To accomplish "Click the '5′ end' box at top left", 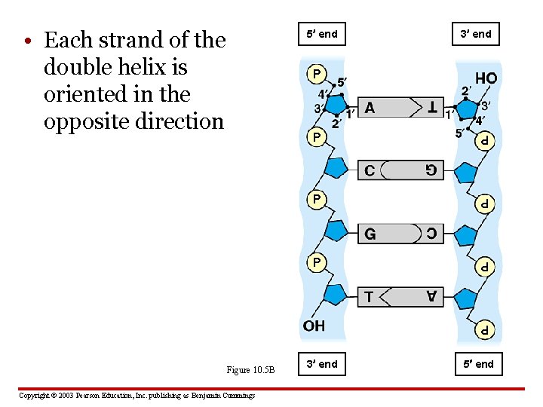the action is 322,34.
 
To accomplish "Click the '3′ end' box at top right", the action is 476,34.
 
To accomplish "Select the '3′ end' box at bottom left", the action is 322,364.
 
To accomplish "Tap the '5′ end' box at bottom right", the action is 476,364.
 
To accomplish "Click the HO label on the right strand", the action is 486,78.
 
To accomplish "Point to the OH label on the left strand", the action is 314,326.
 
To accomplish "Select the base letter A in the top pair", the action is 370,109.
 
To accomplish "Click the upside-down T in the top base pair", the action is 432,109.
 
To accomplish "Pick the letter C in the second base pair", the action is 370,170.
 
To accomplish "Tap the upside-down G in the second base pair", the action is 431,170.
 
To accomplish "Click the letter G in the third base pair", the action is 370,234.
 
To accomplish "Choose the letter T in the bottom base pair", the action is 369,297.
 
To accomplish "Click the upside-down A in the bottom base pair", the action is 431,297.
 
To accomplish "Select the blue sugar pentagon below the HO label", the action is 467,109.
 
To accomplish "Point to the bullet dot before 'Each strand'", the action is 26,40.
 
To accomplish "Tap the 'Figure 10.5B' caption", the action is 251,370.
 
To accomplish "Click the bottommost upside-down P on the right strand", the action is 486,329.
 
